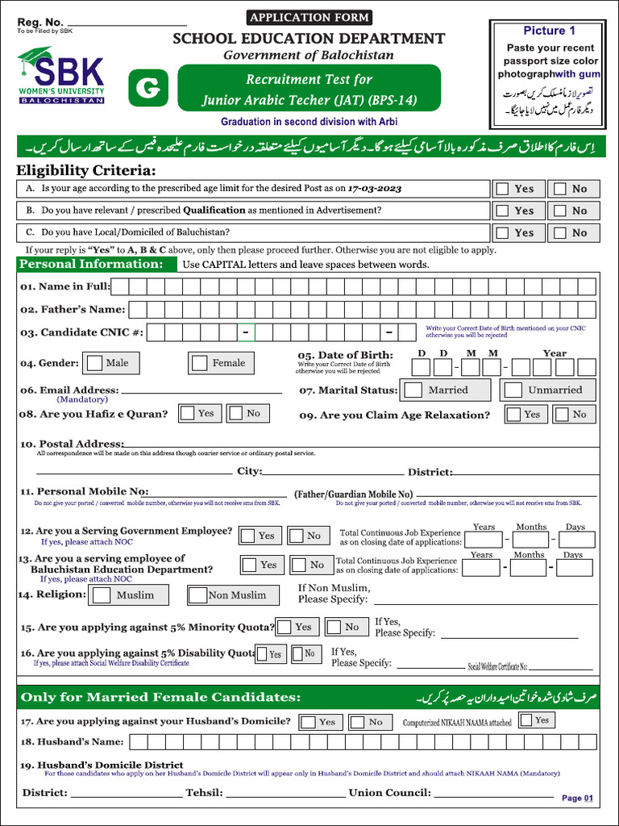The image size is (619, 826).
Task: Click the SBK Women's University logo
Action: point(60,77)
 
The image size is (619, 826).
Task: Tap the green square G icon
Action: point(147,90)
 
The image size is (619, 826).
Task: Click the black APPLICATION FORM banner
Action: point(309,17)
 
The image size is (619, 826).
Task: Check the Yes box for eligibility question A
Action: point(502,189)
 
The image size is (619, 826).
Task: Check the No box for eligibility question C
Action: point(559,232)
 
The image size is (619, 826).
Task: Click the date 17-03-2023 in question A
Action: point(375,188)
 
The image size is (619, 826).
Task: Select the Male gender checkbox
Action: point(95,363)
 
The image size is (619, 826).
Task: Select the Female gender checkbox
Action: point(199,363)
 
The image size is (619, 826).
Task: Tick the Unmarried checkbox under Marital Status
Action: point(513,390)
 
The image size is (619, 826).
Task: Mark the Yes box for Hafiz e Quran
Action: point(187,413)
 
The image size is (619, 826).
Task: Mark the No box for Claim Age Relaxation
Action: point(559,415)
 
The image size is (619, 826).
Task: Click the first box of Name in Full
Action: point(118,286)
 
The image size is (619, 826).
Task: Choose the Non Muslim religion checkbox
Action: point(197,595)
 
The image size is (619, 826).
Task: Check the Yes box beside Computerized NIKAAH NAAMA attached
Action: point(526,720)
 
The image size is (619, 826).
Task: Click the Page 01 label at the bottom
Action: point(577,798)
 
